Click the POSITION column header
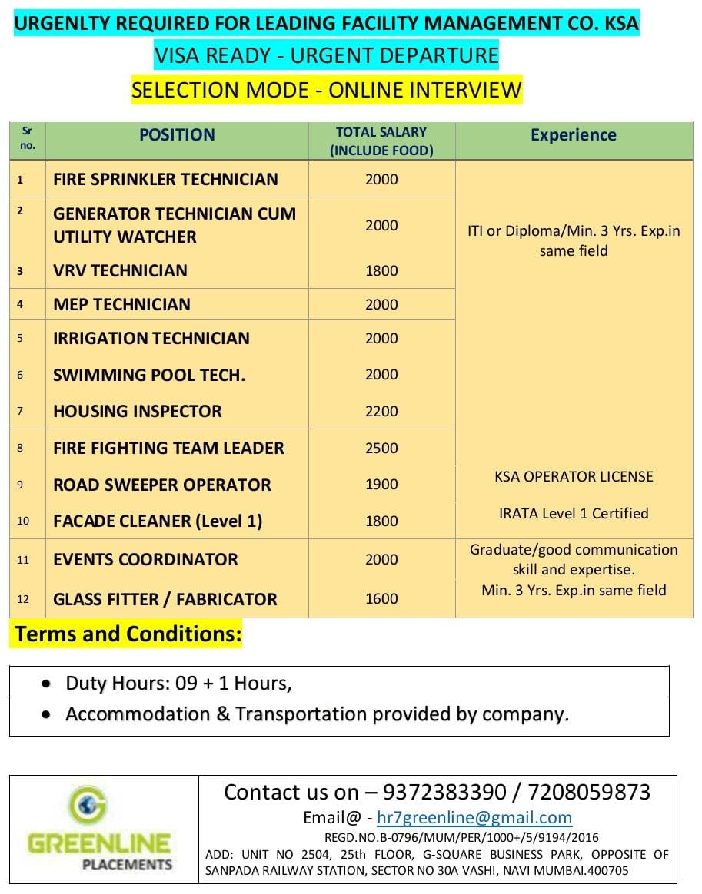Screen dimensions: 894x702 click(177, 135)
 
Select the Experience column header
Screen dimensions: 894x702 click(573, 135)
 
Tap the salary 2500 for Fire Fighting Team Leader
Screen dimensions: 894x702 click(381, 448)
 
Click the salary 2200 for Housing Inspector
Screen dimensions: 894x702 click(381, 411)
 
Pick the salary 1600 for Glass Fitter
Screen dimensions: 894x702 click(381, 599)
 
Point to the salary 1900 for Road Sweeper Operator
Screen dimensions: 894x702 click(381, 485)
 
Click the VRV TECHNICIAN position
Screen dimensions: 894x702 click(120, 270)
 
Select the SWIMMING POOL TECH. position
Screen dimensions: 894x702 click(149, 375)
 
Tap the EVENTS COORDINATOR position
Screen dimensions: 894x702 click(145, 559)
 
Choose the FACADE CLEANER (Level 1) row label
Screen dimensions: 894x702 click(158, 521)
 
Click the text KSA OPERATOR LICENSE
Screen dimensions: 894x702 click(574, 476)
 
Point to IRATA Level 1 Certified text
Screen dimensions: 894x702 click(574, 513)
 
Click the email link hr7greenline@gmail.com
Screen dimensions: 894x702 click(474, 818)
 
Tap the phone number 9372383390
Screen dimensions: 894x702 click(444, 792)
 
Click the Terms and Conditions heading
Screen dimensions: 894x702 click(128, 634)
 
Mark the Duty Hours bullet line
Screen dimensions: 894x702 click(178, 683)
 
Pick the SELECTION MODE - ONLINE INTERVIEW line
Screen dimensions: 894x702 click(327, 90)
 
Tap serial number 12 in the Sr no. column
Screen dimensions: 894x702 click(23, 599)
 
